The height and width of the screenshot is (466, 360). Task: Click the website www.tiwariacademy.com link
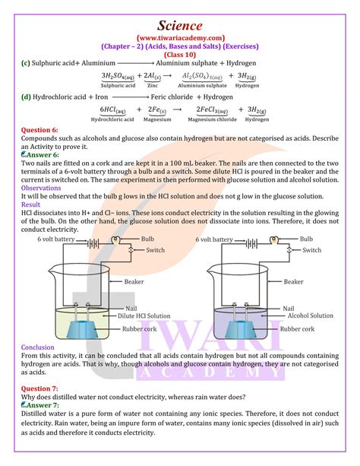click(x=181, y=37)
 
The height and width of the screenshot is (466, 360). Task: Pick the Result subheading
click(x=31, y=204)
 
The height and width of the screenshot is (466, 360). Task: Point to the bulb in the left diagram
click(x=115, y=239)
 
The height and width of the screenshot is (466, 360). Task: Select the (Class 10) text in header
click(x=181, y=55)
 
